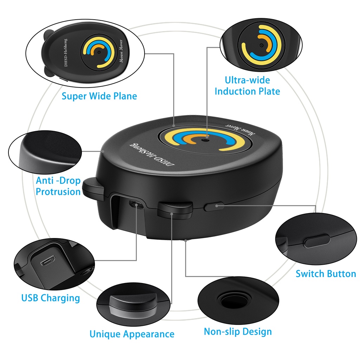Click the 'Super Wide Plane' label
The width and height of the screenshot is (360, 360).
coord(99,96)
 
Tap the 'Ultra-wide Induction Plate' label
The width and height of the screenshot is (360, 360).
coord(247,86)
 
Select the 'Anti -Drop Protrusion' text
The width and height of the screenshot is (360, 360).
coord(58,186)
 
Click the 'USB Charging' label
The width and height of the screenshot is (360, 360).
coord(51,298)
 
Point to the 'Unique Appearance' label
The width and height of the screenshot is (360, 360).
coord(132,334)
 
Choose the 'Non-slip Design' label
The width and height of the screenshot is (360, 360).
coord(238,332)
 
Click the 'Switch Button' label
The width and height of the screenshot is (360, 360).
coord(326,274)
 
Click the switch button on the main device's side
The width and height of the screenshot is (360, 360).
coord(213,206)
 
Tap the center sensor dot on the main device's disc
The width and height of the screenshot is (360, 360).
coord(205,140)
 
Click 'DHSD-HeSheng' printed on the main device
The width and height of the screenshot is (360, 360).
coord(153,155)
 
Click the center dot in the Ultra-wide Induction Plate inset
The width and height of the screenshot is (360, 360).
coord(261,46)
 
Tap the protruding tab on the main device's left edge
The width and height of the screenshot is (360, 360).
coord(92,186)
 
